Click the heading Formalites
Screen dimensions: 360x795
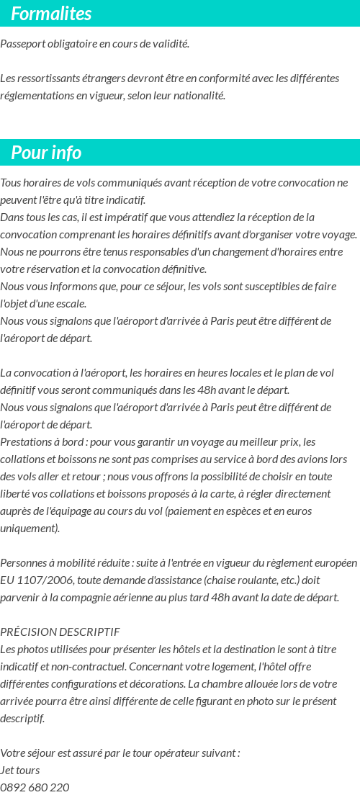tap(51, 14)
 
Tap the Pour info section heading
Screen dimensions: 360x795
tap(46, 153)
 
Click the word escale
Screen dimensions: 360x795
tap(71, 303)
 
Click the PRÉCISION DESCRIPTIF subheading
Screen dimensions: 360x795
tap(60, 632)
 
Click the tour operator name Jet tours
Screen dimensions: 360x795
tap(20, 770)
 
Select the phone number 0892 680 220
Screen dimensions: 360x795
tap(35, 787)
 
